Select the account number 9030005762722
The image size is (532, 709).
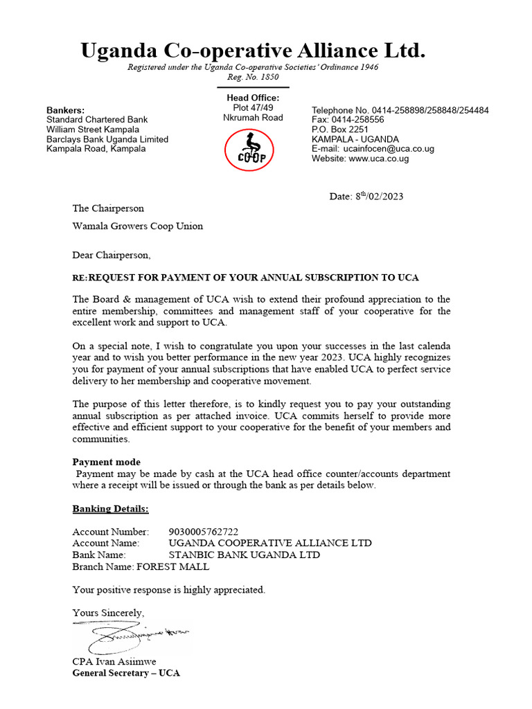point(204,532)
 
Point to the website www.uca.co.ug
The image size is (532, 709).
point(379,159)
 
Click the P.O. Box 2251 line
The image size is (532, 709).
point(340,129)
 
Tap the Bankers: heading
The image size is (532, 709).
point(66,110)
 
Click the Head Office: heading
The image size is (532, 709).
point(253,98)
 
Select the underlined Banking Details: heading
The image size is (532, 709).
point(110,509)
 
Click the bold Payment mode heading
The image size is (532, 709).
point(106,462)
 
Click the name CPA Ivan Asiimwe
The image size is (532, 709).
point(114,661)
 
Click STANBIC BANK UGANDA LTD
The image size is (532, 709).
point(245,555)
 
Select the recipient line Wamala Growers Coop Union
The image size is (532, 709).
point(138,226)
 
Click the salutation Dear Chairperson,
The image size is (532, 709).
point(111,255)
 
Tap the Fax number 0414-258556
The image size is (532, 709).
point(359,120)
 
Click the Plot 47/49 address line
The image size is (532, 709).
point(253,107)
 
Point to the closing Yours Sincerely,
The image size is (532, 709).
point(108,613)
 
